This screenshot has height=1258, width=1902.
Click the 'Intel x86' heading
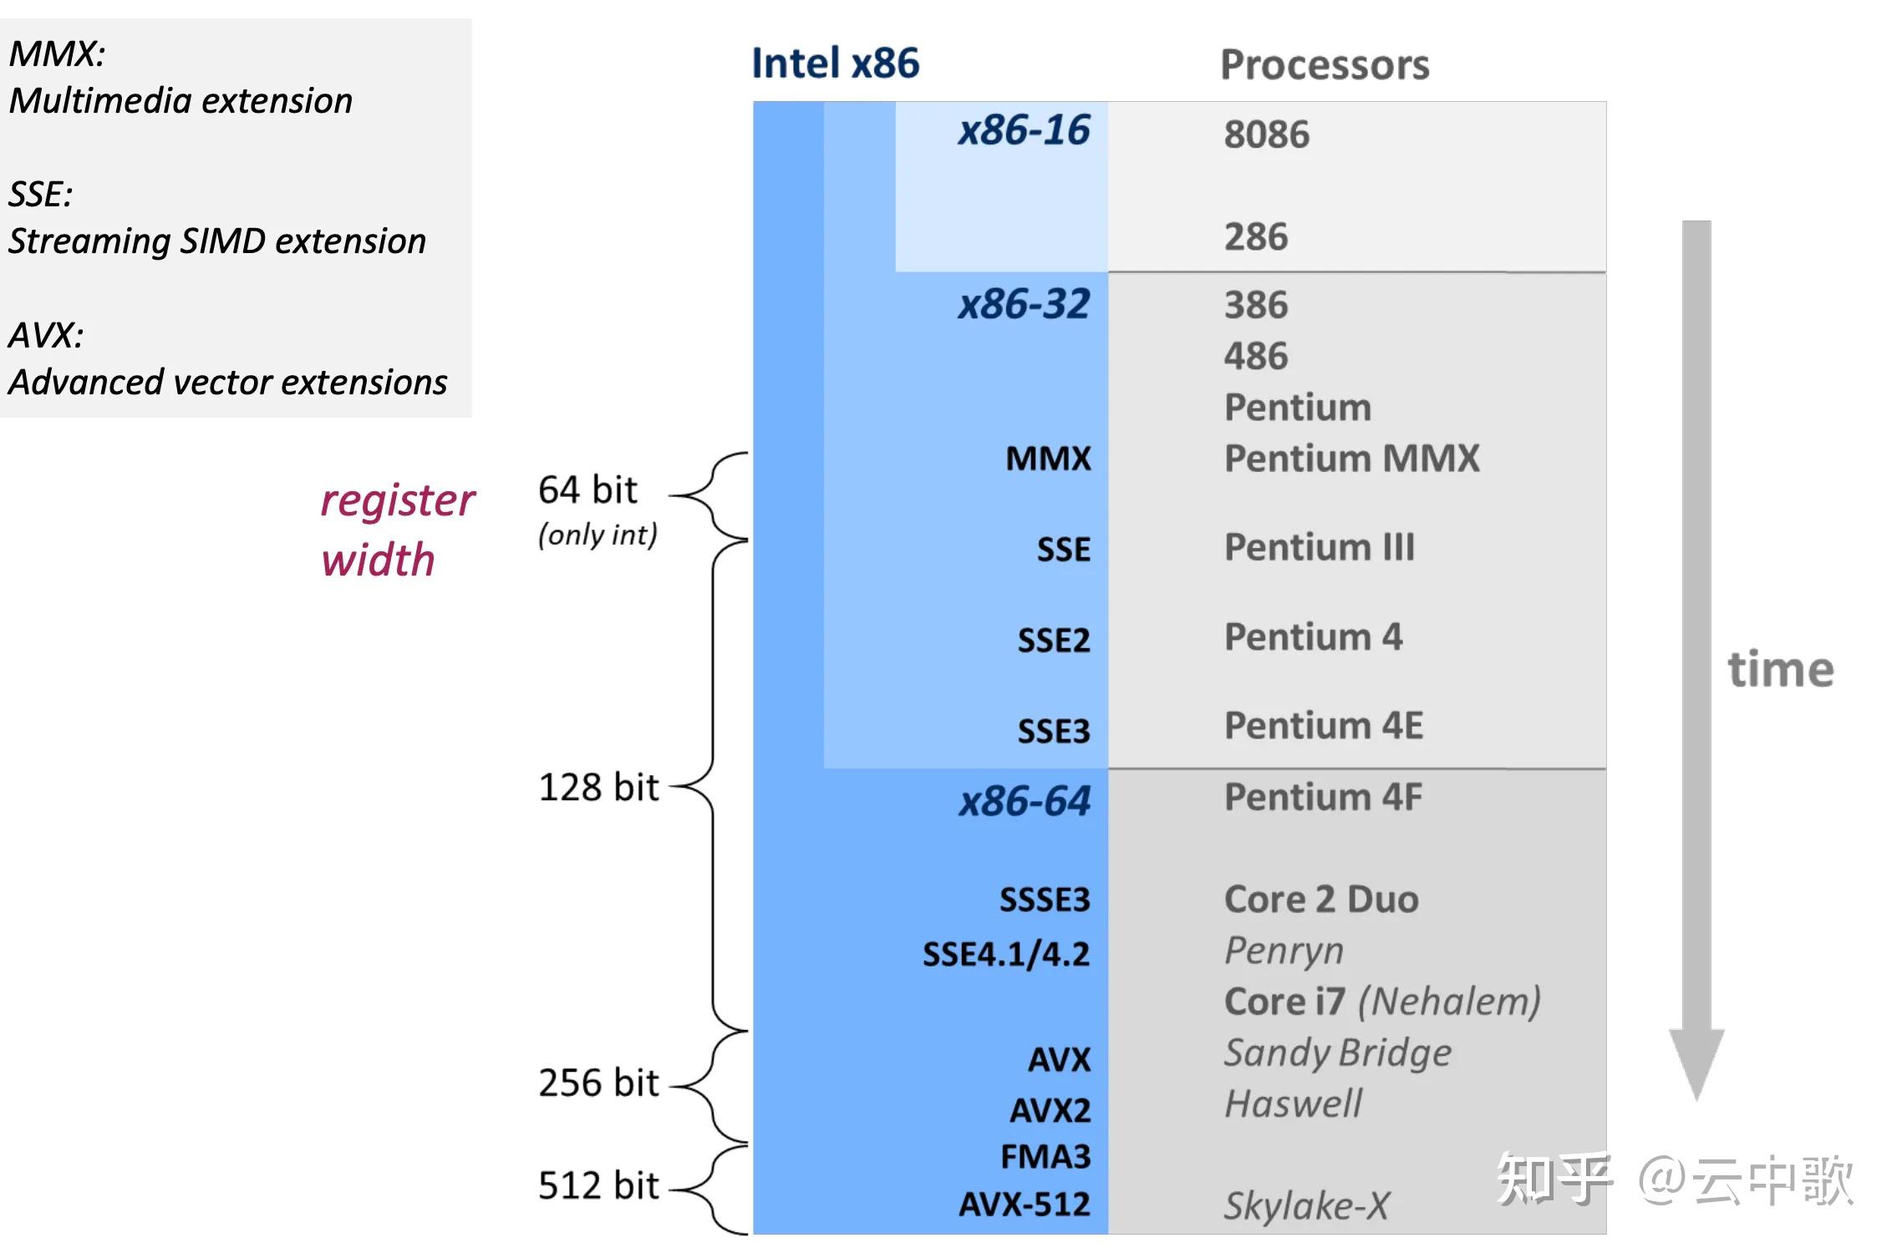tap(835, 63)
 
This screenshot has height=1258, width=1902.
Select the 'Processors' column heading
tap(1325, 65)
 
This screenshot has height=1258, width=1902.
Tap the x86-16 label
tap(1024, 130)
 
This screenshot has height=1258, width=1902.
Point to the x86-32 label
tap(1024, 304)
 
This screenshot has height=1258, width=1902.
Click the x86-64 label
tap(1025, 801)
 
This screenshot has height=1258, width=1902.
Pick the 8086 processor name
tap(1267, 134)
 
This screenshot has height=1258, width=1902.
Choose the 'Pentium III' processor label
tap(1320, 548)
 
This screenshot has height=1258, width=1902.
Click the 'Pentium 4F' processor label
tap(1323, 797)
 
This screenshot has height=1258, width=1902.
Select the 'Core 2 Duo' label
tap(1321, 900)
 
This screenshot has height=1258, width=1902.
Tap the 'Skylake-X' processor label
tap(1306, 1205)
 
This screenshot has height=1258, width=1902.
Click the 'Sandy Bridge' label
tap(1338, 1053)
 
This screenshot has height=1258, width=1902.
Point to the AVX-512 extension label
tap(1025, 1205)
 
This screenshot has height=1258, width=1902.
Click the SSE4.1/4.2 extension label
tap(1006, 954)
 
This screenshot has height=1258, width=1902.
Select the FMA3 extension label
tap(1045, 1157)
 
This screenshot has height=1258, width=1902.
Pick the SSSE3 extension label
tap(1045, 900)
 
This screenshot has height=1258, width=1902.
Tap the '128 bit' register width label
tap(598, 787)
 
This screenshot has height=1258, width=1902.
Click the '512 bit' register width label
tap(598, 1185)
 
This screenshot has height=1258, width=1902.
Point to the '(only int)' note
tap(598, 535)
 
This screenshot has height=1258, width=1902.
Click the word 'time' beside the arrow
tap(1781, 669)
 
